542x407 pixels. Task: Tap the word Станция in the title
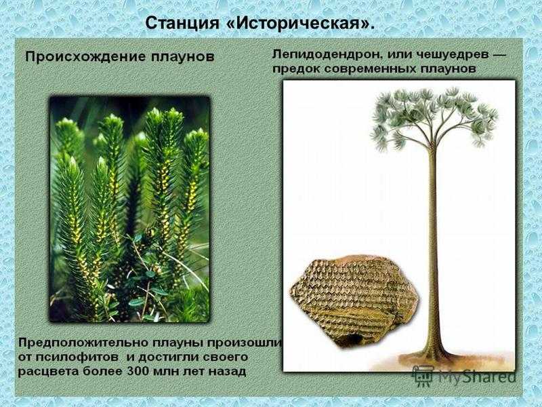pyautogui.click(x=182, y=23)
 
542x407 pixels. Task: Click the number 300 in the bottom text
pyautogui.click(x=139, y=371)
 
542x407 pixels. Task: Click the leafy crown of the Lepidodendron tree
pyautogui.click(x=434, y=117)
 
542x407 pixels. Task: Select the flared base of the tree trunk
pyautogui.click(x=433, y=353)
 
